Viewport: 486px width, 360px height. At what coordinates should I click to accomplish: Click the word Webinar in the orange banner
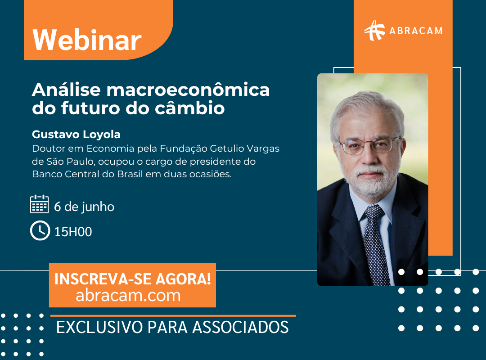[x=87, y=40]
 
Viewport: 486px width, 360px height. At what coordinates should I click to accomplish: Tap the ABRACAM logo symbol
[x=374, y=31]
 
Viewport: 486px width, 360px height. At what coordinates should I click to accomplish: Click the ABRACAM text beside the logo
[x=416, y=31]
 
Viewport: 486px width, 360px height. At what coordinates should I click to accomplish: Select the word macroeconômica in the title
[x=188, y=90]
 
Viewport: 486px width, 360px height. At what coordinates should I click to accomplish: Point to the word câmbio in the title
[x=189, y=108]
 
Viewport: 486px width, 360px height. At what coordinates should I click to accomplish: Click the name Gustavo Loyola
[x=76, y=135]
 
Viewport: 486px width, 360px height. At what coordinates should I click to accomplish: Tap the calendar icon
[x=39, y=204]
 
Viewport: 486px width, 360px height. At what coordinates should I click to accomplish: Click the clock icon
[x=40, y=231]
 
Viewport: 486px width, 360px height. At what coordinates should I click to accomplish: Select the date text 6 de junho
[x=84, y=207]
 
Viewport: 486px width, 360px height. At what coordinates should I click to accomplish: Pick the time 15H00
[x=73, y=232]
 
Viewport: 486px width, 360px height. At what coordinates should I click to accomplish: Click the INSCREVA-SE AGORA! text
[x=133, y=279]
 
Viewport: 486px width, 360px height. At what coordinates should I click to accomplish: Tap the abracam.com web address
[x=128, y=296]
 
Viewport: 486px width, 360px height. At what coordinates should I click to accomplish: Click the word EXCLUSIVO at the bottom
[x=99, y=327]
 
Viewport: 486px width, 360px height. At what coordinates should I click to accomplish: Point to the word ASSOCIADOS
[x=240, y=327]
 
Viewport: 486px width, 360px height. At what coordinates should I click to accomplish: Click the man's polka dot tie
[x=376, y=245]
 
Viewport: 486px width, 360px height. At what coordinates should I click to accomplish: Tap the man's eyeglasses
[x=369, y=145]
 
